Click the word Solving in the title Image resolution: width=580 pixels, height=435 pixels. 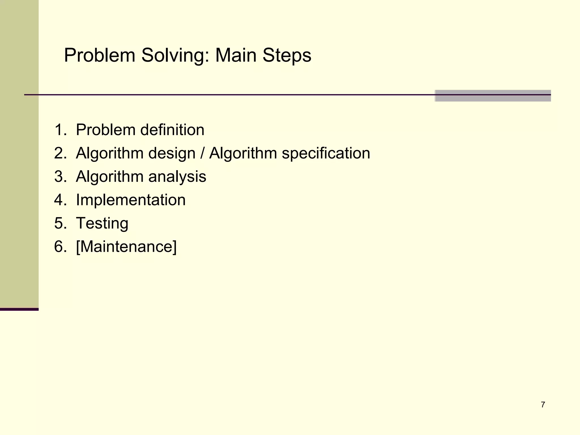tap(176, 56)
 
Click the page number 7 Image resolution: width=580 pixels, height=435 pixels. tap(543, 405)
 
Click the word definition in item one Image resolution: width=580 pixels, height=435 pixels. tap(172, 130)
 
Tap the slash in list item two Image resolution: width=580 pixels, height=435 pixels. tap(202, 153)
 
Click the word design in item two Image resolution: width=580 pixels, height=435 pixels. tap(172, 153)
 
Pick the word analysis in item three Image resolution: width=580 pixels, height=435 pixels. tap(177, 177)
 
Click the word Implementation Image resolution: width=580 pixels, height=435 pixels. tap(131, 200)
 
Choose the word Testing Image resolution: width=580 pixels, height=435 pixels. tap(102, 223)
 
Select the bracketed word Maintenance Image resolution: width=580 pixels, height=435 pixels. tap(126, 247)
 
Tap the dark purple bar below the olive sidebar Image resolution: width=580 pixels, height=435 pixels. tap(19, 309)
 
